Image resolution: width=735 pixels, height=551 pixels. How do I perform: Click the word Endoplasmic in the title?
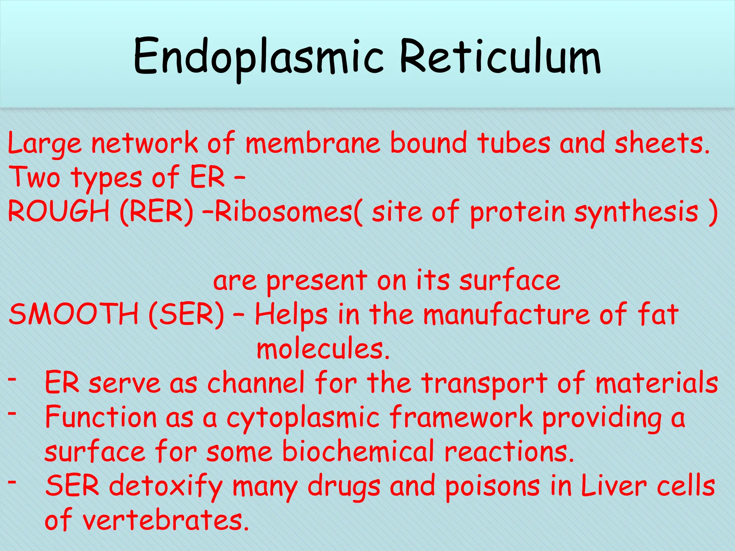click(258, 57)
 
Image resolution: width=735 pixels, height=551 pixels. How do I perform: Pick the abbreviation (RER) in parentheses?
click(156, 212)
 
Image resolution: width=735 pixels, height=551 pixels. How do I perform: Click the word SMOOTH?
click(74, 314)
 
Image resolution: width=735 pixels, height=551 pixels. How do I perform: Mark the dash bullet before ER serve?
click(12, 379)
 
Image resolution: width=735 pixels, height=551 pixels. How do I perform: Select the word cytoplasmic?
click(303, 418)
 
